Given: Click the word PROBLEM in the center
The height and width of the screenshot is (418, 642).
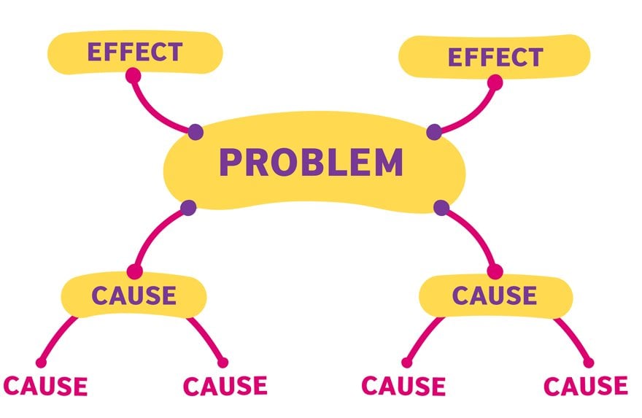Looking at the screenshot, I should click(311, 162).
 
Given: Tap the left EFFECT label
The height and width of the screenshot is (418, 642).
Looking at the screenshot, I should click(134, 53).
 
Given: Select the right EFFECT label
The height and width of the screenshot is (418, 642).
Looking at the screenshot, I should click(495, 57).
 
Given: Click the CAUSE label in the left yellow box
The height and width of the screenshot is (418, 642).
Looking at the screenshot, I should click(134, 295).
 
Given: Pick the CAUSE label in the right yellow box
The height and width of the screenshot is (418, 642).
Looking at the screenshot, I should click(495, 295).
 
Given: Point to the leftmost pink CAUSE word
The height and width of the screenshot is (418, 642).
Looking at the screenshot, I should click(46, 385).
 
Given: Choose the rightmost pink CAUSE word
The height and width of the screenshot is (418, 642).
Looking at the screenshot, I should click(586, 385).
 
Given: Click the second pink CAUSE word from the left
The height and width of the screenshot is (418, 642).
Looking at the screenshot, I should click(225, 385).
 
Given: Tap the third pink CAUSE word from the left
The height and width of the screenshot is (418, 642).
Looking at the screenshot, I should click(403, 385).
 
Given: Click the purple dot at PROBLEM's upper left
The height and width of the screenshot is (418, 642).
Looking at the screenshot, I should click(196, 132).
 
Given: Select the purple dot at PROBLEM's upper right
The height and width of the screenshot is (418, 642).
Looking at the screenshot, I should click(434, 132).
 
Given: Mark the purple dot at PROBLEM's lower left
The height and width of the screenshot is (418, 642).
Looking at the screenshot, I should click(188, 207).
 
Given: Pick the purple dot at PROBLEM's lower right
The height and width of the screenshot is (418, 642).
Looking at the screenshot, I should click(441, 208).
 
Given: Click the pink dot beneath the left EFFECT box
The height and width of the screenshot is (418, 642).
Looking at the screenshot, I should click(133, 74).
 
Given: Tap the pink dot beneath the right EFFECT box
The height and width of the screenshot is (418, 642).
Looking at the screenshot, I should click(495, 82).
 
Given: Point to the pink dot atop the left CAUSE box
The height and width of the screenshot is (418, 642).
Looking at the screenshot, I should click(134, 272).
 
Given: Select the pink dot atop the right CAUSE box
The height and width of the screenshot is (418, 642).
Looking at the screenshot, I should click(495, 272).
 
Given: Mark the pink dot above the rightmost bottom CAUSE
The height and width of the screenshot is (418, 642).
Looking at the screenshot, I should click(589, 363).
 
